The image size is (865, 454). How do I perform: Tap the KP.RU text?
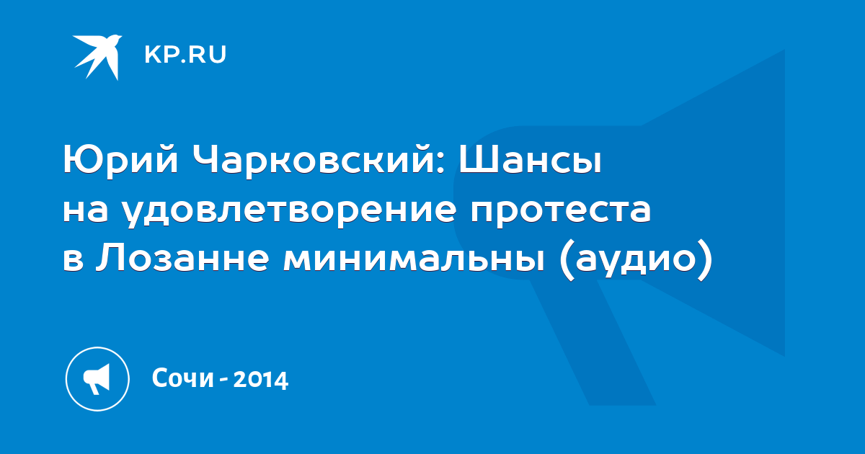[185, 55]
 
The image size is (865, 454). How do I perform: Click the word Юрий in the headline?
[120, 160]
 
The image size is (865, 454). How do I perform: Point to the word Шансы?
[531, 159]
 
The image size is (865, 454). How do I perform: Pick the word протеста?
[561, 213]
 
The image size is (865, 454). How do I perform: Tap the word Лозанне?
[182, 258]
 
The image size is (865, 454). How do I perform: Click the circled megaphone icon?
[97, 379]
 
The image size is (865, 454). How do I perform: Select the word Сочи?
[182, 378]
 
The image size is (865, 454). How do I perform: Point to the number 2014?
[261, 380]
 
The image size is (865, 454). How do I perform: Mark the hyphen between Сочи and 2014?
[223, 380]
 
